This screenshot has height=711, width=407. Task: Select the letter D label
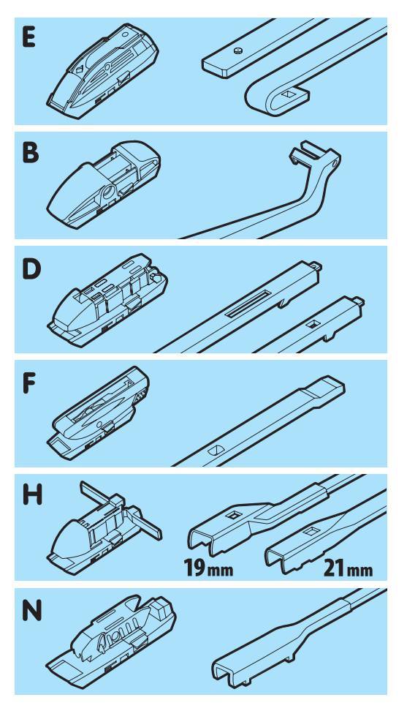click(31, 269)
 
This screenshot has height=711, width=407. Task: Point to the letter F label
click(28, 383)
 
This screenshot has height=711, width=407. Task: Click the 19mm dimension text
click(208, 567)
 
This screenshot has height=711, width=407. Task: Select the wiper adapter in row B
click(103, 184)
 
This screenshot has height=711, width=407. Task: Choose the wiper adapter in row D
click(107, 300)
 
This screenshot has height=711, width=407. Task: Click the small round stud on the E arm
click(237, 51)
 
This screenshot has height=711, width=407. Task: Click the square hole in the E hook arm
click(288, 95)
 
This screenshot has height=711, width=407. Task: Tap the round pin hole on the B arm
click(335, 162)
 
